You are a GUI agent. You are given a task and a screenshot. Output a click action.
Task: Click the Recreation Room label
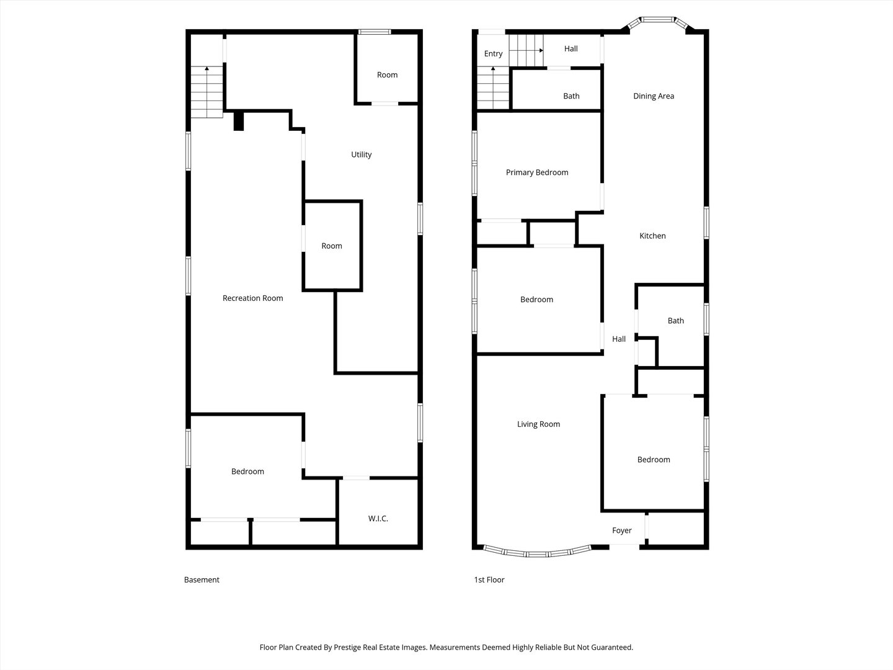tap(252, 298)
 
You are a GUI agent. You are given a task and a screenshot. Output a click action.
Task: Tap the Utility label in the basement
tap(362, 154)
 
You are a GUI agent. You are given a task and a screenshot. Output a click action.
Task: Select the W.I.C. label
tap(378, 518)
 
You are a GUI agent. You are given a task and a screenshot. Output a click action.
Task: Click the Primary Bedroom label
tap(537, 172)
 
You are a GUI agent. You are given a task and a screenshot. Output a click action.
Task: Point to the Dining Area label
tap(654, 96)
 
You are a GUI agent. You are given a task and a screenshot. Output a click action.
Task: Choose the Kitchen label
tap(652, 236)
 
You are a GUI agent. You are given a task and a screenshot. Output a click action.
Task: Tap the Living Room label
tap(538, 424)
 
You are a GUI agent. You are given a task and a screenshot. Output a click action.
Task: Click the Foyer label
tap(621, 530)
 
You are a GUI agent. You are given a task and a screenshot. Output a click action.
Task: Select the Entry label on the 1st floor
tap(493, 54)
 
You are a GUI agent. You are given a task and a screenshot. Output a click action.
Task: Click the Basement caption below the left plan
tap(202, 579)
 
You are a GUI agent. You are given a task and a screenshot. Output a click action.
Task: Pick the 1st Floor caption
tap(489, 579)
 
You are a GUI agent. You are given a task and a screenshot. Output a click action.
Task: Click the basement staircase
tap(207, 92)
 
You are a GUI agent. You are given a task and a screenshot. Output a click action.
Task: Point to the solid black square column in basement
tap(238, 121)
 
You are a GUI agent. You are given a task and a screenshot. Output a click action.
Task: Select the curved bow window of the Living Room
tap(537, 552)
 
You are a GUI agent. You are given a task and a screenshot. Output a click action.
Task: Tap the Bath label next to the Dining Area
tap(571, 96)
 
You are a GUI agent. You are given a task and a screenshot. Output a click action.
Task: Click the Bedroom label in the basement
tap(247, 471)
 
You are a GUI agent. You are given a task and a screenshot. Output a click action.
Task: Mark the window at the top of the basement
tap(375, 32)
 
